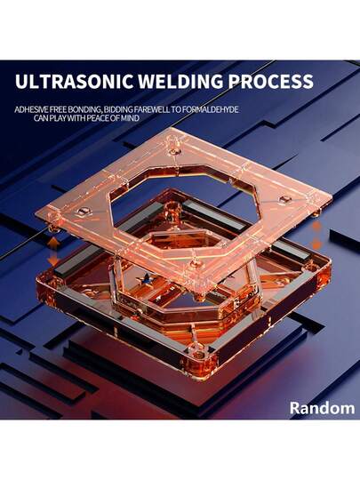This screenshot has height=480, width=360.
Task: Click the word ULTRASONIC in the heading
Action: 74,82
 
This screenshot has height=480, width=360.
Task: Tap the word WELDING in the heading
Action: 180,82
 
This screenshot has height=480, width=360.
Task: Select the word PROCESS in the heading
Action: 271,82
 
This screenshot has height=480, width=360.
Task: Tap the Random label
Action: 322,408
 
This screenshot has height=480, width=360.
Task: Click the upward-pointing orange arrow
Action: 54,244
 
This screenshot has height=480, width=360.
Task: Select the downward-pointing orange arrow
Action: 53,259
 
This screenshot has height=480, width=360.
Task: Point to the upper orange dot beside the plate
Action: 316,227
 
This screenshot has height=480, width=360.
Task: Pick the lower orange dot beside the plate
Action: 316,244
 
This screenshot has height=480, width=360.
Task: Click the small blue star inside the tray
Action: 146,279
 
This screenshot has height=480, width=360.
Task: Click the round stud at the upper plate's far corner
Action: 173,150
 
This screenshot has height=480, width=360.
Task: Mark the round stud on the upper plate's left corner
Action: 84,212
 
